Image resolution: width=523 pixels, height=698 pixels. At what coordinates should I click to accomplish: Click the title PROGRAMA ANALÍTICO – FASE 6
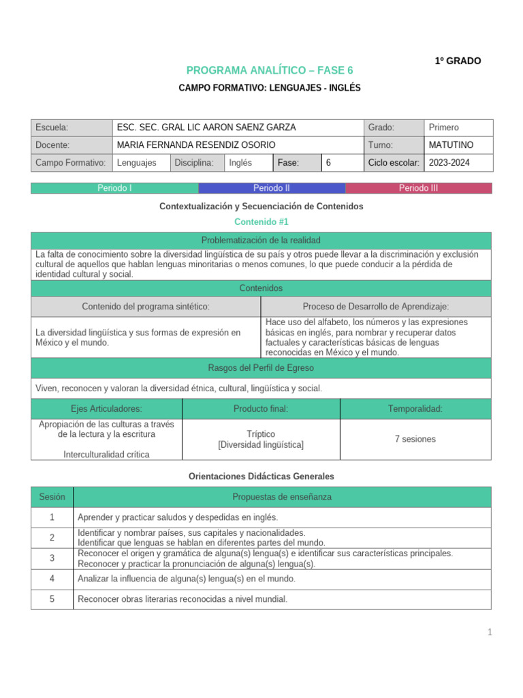pyautogui.click(x=270, y=70)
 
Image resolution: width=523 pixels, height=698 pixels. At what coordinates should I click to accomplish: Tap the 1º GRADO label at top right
pyautogui.click(x=458, y=61)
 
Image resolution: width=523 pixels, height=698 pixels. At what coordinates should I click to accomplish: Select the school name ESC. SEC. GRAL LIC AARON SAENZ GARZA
pyautogui.click(x=197, y=127)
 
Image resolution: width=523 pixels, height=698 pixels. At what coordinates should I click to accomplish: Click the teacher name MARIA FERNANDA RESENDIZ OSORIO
pyautogui.click(x=196, y=145)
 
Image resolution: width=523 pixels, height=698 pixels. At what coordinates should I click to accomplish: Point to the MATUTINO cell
pyautogui.click(x=451, y=145)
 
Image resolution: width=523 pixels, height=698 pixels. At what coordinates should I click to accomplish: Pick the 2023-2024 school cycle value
pyautogui.click(x=449, y=163)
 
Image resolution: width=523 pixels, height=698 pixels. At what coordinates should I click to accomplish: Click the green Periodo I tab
pyautogui.click(x=114, y=188)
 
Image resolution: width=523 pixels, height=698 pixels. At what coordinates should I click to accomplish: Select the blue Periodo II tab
pyautogui.click(x=272, y=188)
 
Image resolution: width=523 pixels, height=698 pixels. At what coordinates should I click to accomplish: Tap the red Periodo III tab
pyautogui.click(x=418, y=188)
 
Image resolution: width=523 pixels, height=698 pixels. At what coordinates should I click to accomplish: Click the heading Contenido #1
pyautogui.click(x=261, y=222)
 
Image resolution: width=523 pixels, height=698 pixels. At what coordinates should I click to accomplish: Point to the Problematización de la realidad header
pyautogui.click(x=261, y=240)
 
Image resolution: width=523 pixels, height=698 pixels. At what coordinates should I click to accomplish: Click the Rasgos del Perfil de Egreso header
pyautogui.click(x=261, y=368)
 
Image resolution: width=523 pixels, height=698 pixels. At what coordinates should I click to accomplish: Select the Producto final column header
pyautogui.click(x=261, y=409)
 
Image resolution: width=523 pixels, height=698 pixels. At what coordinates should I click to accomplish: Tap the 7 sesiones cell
pyautogui.click(x=415, y=439)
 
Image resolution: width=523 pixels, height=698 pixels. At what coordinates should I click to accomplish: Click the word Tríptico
pyautogui.click(x=261, y=434)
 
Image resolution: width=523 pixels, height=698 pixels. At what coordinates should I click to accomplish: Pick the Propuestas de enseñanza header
pyautogui.click(x=281, y=497)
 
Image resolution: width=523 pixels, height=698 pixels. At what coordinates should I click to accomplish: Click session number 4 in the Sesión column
pyautogui.click(x=52, y=579)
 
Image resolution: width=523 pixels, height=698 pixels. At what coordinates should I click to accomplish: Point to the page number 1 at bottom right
pyautogui.click(x=489, y=633)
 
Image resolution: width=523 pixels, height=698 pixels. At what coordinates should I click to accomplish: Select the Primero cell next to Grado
pyautogui.click(x=444, y=127)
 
